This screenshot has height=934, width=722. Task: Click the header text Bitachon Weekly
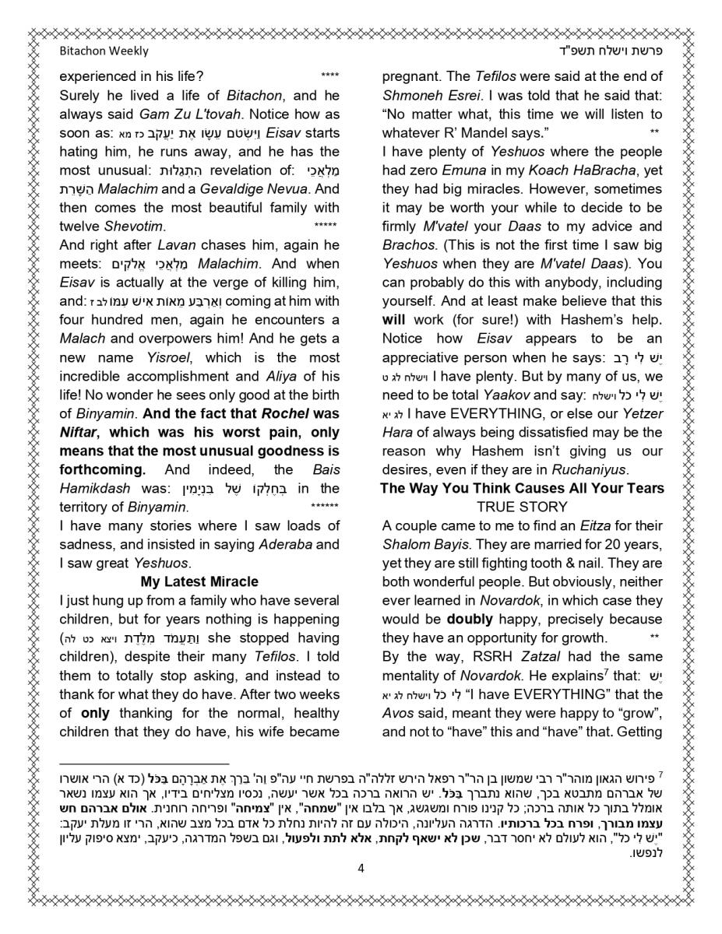click(104, 51)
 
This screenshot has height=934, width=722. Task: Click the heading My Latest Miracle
click(199, 581)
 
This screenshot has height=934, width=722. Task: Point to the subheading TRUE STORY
click(522, 507)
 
